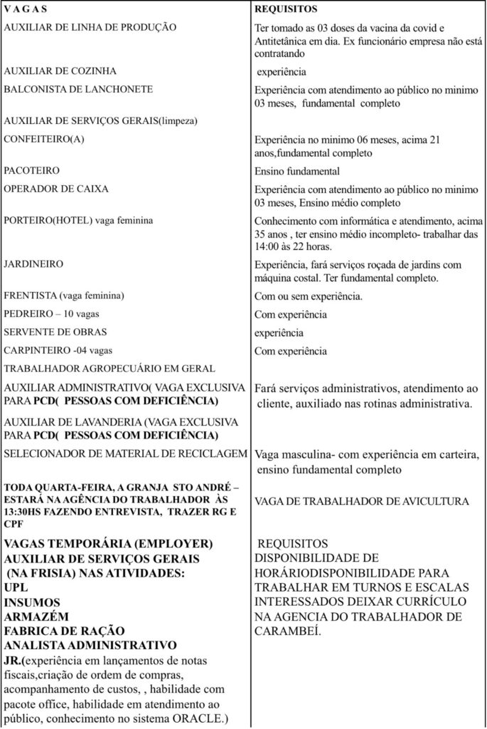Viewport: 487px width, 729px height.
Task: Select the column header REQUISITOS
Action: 286,9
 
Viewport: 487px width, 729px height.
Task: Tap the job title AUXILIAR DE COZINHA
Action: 60,71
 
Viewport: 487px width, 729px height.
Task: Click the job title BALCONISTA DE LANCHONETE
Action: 78,90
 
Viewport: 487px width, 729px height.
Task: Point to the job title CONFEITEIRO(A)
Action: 44,140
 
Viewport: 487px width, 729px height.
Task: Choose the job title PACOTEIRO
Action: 32,172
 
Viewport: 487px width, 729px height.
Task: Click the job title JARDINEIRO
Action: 33,264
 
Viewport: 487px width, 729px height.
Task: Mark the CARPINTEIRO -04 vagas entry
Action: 58,351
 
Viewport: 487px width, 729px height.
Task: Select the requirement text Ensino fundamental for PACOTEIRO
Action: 297,172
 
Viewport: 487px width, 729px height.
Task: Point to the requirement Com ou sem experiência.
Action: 309,296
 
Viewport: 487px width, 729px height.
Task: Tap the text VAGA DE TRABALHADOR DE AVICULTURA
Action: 361,502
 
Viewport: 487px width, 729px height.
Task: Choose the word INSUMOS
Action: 32,602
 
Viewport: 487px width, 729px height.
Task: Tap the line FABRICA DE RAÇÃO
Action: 65,631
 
